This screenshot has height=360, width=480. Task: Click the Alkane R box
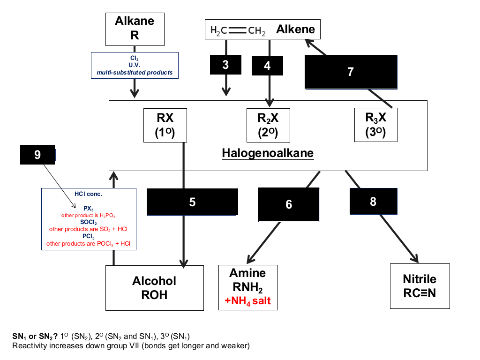point(135,29)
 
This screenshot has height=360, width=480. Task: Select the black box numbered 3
point(225,65)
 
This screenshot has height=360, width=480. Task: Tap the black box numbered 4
point(267,66)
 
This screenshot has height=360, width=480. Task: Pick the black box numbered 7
point(351,72)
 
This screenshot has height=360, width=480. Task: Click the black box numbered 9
point(37,155)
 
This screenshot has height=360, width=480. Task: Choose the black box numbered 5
point(192,202)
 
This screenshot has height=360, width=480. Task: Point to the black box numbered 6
point(289,204)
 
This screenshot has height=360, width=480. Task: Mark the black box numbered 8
point(374,202)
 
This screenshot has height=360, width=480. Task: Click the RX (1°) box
point(165,125)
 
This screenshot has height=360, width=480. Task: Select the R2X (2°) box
point(268,125)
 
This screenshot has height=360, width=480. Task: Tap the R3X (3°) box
point(375,125)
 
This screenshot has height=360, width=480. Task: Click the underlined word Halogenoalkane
point(268,153)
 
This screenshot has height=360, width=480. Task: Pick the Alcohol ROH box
point(155,288)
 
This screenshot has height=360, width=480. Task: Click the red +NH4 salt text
point(247,301)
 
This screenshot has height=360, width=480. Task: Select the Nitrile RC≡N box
point(420,286)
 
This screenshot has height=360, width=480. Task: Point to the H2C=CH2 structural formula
point(238,30)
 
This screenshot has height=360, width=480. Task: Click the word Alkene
point(295,30)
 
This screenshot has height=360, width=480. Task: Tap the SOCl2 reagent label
point(89,222)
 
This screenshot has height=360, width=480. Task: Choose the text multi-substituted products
point(135,73)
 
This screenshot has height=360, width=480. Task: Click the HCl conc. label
point(89,194)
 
